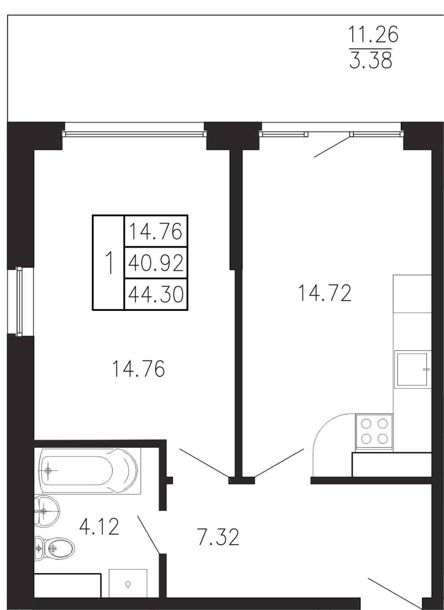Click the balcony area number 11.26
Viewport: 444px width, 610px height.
(373, 34)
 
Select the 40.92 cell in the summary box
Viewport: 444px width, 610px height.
(156, 263)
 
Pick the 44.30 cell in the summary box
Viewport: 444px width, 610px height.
(156, 294)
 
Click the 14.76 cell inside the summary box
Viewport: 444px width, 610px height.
(156, 231)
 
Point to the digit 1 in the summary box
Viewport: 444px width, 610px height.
(110, 263)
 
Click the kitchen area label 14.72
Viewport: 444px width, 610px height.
(325, 292)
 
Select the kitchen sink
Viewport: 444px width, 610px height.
(412, 370)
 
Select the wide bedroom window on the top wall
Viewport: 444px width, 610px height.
(134, 134)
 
